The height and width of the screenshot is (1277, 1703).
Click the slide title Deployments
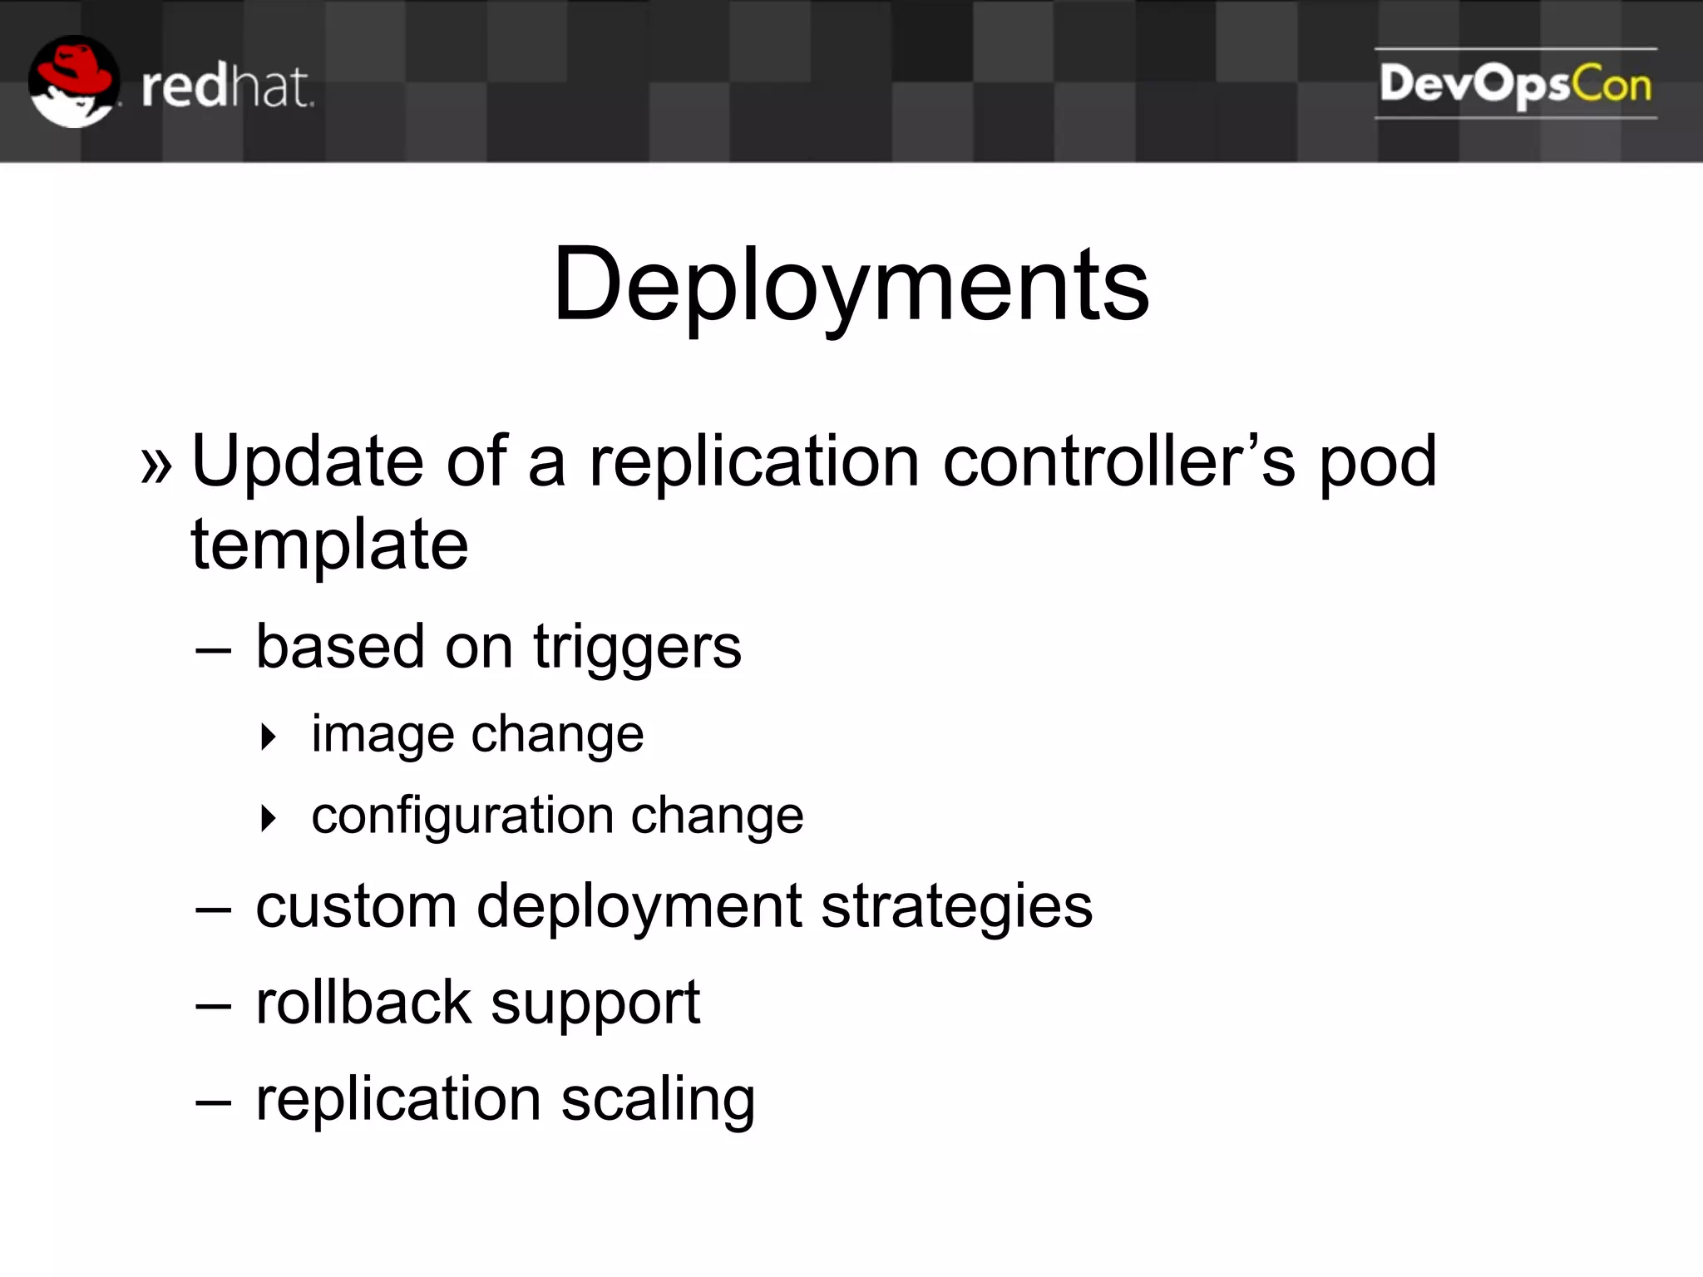pos(851,284)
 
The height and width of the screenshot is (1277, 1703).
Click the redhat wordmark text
pos(227,87)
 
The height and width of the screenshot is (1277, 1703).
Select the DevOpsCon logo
pos(1515,84)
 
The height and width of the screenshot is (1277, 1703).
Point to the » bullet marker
pos(156,464)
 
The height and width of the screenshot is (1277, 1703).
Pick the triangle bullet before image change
pos(268,737)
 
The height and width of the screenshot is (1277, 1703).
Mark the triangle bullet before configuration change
pos(268,818)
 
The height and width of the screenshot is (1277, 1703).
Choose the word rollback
pos(363,1003)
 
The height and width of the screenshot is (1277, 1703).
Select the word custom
pos(356,906)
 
